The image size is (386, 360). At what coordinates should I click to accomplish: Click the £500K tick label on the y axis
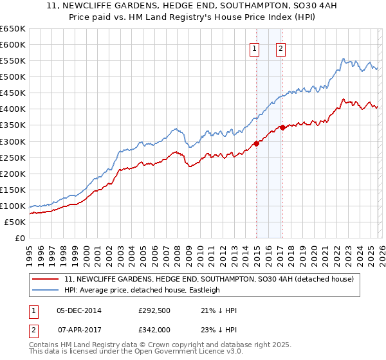(x=13, y=77)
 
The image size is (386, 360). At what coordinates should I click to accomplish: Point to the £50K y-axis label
(x=15, y=222)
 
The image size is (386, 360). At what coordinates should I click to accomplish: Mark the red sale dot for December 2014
(x=256, y=143)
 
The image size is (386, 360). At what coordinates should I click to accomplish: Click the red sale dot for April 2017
(x=282, y=127)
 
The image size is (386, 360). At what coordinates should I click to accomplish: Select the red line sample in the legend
(x=45, y=280)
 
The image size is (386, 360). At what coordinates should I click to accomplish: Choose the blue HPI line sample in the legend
(x=45, y=290)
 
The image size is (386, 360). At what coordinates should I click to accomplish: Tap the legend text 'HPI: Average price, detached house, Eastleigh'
(x=142, y=290)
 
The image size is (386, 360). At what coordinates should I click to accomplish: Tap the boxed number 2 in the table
(x=34, y=328)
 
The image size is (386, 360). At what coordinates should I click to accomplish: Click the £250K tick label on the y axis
(x=13, y=157)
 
